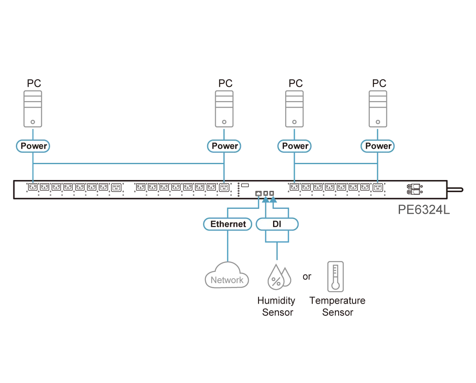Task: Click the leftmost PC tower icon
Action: (33, 109)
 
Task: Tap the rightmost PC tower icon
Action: (377, 109)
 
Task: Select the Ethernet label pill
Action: (228, 224)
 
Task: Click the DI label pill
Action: (277, 224)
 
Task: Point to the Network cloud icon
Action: (227, 275)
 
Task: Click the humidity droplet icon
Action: (279, 276)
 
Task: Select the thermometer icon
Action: (335, 276)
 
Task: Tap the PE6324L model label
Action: (424, 210)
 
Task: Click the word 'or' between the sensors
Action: (307, 276)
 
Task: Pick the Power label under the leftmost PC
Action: (33, 146)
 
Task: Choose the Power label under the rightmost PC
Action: (377, 146)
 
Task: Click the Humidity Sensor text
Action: (276, 306)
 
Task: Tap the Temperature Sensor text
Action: (337, 306)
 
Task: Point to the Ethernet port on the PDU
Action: (258, 193)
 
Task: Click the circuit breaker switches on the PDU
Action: (414, 189)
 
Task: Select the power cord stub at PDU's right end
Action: (456, 190)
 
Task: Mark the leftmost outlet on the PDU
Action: (33, 187)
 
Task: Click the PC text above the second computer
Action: (225, 83)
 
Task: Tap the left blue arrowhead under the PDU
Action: (266, 199)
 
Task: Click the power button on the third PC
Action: (294, 122)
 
